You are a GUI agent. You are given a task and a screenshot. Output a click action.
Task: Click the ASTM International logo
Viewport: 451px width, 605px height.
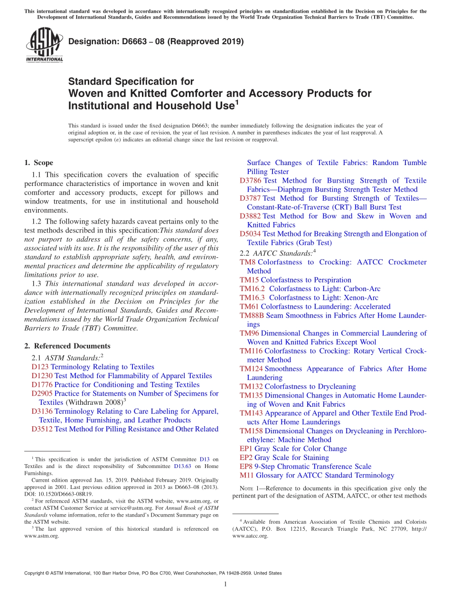[44, 45]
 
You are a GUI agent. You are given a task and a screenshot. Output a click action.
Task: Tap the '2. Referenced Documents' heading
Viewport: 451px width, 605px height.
[67, 346]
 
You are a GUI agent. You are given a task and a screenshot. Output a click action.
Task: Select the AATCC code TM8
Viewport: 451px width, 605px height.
[247, 262]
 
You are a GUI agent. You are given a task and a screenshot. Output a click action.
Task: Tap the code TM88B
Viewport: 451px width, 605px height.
[252, 315]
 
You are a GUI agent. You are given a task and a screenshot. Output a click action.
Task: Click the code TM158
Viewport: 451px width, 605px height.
[251, 431]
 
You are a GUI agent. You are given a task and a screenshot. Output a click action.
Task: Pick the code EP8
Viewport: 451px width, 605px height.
[246, 467]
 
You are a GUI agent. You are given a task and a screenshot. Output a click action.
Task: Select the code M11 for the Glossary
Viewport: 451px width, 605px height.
[247, 475]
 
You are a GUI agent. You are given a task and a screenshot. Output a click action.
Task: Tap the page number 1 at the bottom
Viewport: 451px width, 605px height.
[225, 585]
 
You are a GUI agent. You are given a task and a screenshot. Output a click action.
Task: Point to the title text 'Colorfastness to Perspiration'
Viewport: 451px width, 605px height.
[306, 280]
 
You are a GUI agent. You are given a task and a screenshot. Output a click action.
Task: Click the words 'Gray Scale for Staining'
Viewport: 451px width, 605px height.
[291, 458]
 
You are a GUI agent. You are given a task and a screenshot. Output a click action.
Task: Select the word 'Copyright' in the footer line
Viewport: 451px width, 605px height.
[34, 573]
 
